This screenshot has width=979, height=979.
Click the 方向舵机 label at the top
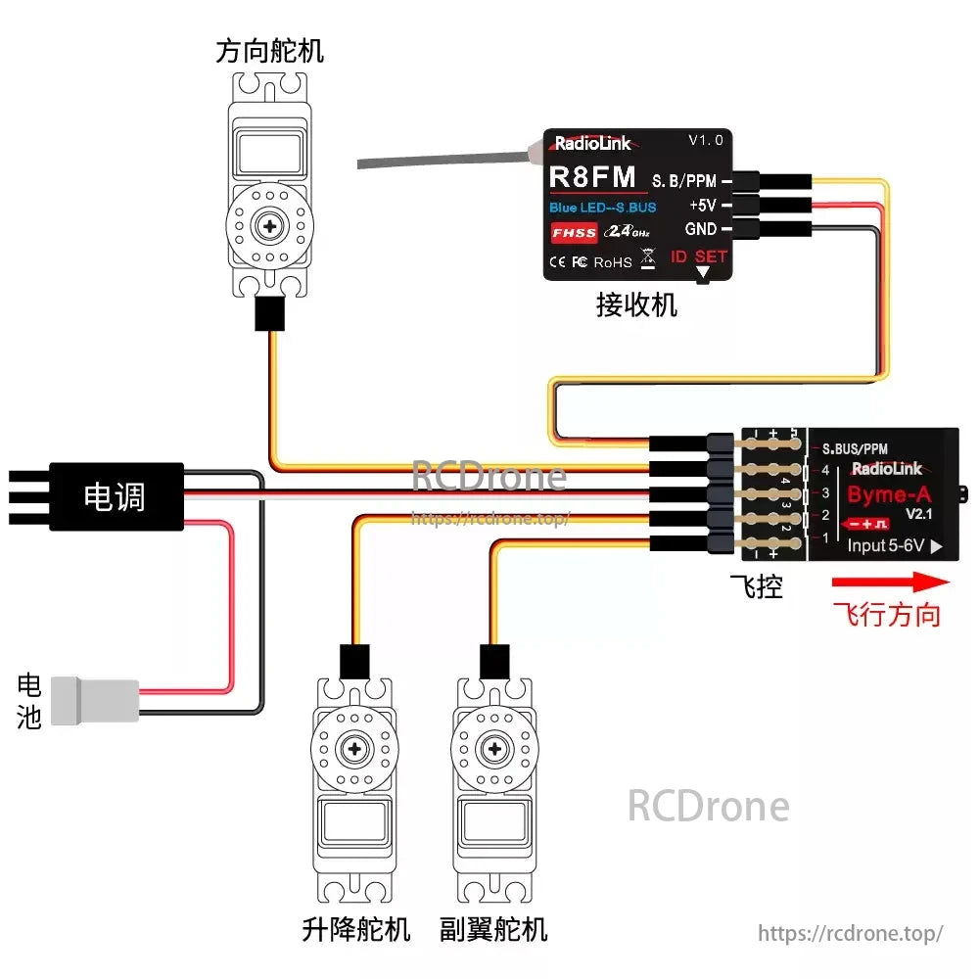coord(269,51)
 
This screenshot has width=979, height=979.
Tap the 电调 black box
coord(116,496)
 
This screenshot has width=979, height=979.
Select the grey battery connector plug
coord(94,699)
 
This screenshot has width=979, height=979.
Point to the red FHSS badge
coord(574,233)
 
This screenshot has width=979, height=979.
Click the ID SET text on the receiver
coord(699,256)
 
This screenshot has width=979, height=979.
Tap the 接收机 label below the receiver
coord(636,305)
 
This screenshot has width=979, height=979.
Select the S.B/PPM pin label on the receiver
coord(683,181)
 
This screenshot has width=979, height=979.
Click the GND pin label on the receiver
coord(701,229)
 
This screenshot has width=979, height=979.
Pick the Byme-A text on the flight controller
coord(889,493)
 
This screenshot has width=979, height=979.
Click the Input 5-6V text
coord(886,545)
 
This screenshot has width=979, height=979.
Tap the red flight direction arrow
coord(890,583)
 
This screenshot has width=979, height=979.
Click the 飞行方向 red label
coord(887,615)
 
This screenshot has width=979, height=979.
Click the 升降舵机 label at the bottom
coord(356,928)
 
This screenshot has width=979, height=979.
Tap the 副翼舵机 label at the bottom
coord(494,928)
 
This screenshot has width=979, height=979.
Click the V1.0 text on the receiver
coord(706,140)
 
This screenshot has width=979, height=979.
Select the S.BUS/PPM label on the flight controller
coord(854,449)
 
